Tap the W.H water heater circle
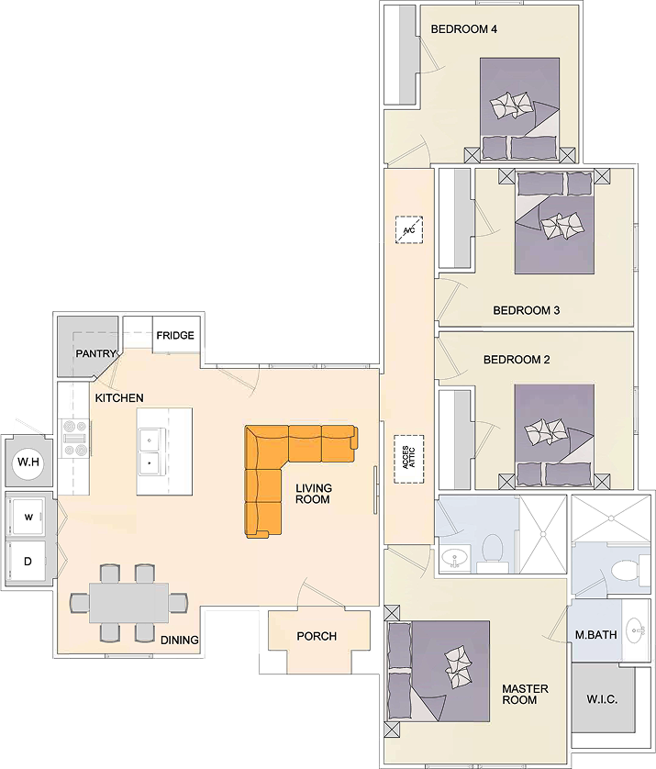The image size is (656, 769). point(28,462)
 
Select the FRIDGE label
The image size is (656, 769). point(175,336)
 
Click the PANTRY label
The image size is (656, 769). point(95,353)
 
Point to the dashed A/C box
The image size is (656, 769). point(409,230)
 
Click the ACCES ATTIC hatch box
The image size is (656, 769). point(409,459)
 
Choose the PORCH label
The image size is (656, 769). point(317,636)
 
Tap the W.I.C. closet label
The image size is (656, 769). point(602,699)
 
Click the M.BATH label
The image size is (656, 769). point(595,635)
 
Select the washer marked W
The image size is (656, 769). point(28,517)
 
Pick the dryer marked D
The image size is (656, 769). point(28,561)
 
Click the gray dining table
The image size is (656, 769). point(128,603)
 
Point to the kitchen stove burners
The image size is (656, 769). point(74,438)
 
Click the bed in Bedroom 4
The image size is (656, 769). point(519,108)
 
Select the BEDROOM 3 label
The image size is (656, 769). point(526,310)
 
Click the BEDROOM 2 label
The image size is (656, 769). point(517,360)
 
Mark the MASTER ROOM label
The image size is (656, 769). point(525,694)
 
